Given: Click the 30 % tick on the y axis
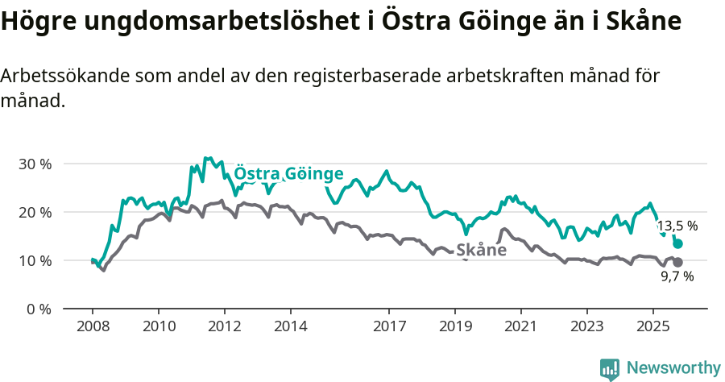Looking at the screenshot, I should click(x=34, y=164).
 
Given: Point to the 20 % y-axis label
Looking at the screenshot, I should click(x=34, y=212).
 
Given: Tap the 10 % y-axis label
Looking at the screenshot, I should click(x=34, y=260).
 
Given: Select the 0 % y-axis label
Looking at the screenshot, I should click(x=37, y=309).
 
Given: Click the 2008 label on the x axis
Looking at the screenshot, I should click(x=93, y=327).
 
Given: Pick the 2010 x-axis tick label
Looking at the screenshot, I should click(x=159, y=327).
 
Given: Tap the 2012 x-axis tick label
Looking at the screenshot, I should click(x=224, y=327).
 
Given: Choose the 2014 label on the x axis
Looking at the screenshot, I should click(x=290, y=327).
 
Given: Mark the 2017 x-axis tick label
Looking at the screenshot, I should click(x=389, y=327).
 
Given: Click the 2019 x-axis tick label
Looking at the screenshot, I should click(x=454, y=327).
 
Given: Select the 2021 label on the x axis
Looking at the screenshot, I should click(x=520, y=327).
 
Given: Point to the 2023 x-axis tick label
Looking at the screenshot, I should click(x=586, y=327).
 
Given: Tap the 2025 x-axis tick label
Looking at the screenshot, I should click(x=652, y=327).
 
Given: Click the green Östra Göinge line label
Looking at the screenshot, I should click(x=288, y=174).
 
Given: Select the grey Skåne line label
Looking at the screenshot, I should click(x=481, y=250).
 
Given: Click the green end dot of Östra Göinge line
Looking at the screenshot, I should click(x=678, y=243).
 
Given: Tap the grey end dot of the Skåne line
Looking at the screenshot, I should click(x=678, y=262).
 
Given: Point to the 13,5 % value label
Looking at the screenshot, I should click(x=677, y=226).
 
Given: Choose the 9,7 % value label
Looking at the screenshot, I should click(x=677, y=276).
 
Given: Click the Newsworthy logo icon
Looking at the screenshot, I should click(x=610, y=368).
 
